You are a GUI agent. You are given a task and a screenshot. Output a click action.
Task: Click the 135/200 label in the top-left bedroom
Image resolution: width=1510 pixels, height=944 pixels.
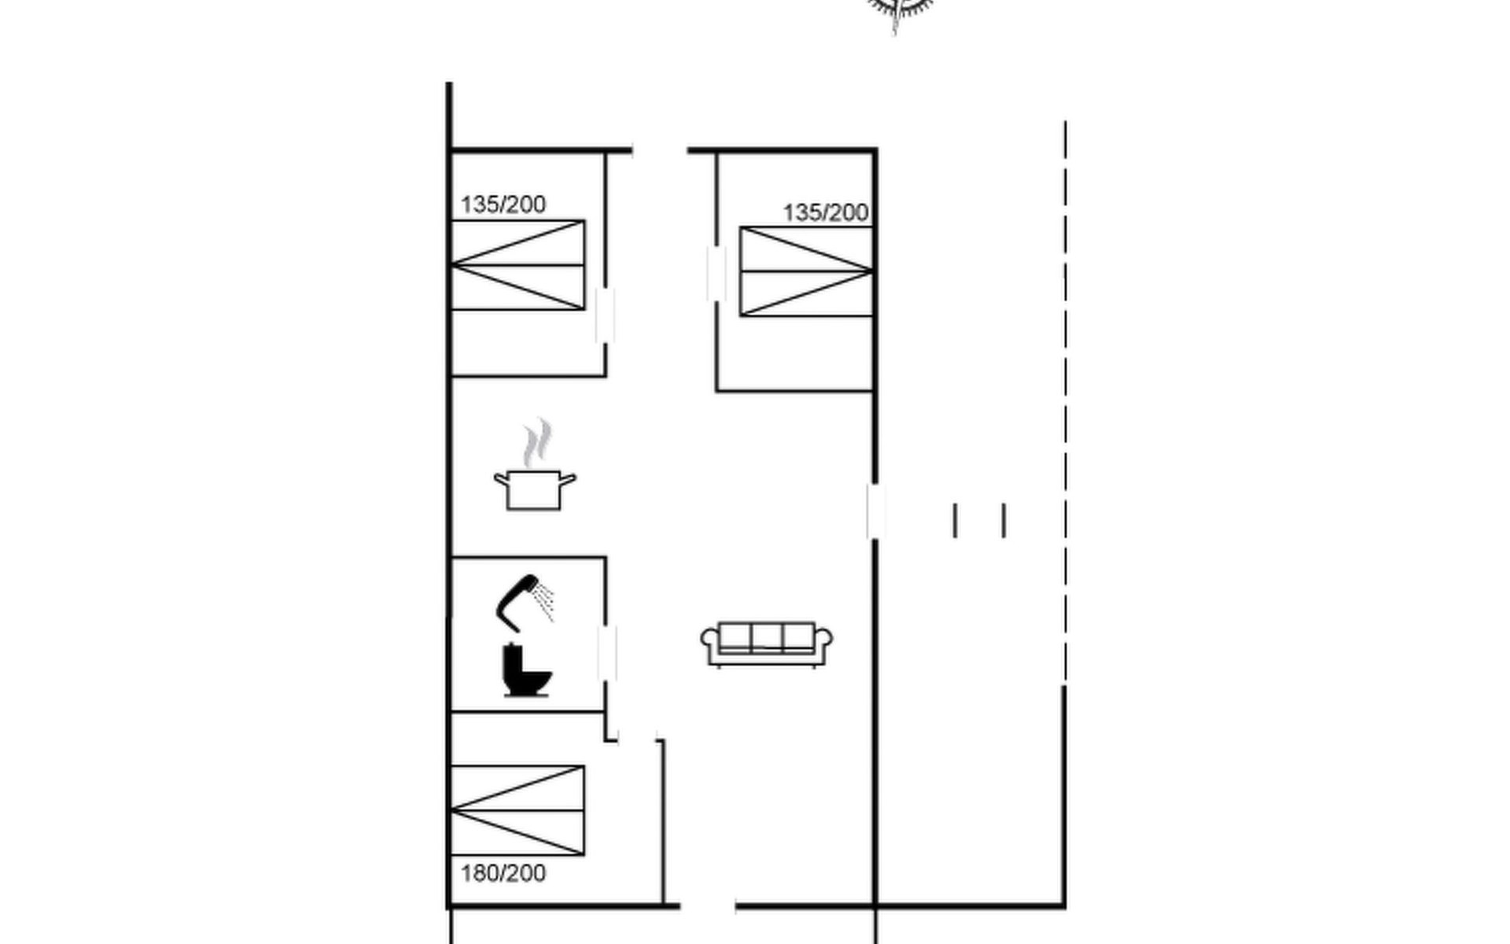[503, 205]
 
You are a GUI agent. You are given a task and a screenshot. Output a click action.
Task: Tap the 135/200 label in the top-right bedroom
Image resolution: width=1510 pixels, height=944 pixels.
[825, 212]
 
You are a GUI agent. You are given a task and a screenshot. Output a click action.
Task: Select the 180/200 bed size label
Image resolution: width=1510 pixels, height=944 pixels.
[503, 873]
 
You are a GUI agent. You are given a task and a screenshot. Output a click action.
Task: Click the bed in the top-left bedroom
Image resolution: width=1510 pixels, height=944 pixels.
[517, 265]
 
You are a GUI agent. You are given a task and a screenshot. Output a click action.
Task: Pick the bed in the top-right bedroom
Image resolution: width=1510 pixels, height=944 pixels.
[806, 271]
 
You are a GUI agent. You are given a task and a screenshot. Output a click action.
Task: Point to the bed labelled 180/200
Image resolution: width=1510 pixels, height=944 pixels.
[517, 810]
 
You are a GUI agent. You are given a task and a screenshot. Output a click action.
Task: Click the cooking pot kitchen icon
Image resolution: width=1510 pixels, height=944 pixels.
[535, 489]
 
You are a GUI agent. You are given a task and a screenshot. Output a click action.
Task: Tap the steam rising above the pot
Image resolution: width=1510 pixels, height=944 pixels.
[538, 442]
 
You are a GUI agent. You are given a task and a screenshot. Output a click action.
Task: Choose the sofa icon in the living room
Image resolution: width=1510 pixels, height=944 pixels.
[767, 644]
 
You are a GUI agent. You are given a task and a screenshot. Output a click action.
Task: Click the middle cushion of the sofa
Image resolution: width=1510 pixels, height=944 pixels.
[767, 637]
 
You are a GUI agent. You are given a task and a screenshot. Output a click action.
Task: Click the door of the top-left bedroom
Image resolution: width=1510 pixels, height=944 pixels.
[605, 315]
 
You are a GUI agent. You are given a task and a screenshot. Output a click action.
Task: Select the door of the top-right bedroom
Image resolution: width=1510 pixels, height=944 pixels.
[716, 273]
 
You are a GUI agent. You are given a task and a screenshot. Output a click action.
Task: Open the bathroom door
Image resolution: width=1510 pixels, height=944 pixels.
[606, 653]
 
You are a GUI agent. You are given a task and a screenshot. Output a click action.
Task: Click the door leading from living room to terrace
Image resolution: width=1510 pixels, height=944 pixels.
[875, 511]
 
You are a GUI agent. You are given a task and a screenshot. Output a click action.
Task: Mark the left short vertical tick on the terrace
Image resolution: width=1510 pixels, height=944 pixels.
[955, 521]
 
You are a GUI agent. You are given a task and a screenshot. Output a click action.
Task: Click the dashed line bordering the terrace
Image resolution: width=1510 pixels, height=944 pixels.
[1065, 401]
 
